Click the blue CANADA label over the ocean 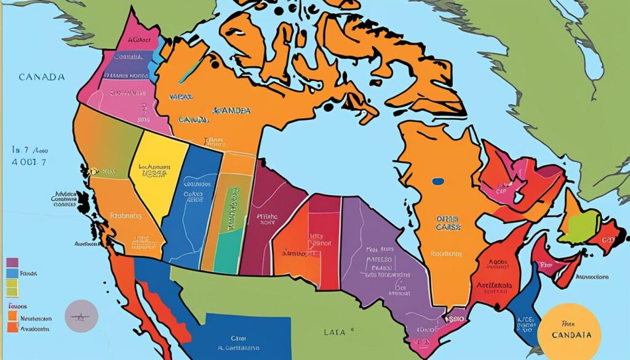(x=42, y=78)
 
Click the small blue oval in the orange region (x=438, y=182)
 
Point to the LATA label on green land (x=335, y=332)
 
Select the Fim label (x=545, y=265)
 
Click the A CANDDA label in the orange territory (x=231, y=111)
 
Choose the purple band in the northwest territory (x=126, y=60)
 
